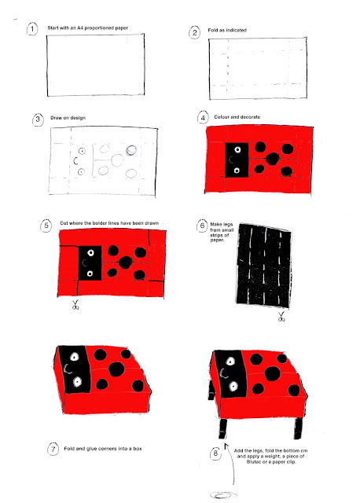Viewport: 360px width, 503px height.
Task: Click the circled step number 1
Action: (x=32, y=29)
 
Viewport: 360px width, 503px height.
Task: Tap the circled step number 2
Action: (x=194, y=33)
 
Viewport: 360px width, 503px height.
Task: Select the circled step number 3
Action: (x=38, y=119)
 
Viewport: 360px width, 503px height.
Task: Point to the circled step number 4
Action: (x=203, y=118)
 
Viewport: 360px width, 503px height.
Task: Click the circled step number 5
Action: (x=46, y=226)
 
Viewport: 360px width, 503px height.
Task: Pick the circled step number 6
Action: (x=202, y=226)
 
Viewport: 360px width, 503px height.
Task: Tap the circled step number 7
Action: (x=53, y=449)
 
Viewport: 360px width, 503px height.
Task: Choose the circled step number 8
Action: (x=215, y=453)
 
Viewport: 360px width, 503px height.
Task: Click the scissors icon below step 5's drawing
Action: (x=75, y=305)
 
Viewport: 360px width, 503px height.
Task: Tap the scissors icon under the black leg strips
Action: (x=281, y=317)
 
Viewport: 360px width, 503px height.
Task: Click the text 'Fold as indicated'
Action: (x=227, y=30)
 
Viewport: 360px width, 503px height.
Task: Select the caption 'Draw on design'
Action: (x=68, y=118)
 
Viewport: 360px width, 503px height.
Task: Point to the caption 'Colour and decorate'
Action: (x=237, y=117)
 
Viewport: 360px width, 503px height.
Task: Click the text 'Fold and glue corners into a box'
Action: (x=103, y=449)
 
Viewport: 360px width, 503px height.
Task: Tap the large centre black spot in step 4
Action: (x=273, y=159)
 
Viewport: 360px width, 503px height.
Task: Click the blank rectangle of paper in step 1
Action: (x=96, y=64)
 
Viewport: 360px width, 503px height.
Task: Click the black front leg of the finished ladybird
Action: (x=223, y=428)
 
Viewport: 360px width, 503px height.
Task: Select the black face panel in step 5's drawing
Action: (x=90, y=263)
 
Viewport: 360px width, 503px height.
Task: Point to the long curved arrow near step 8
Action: (x=230, y=464)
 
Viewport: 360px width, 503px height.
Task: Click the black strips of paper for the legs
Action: (x=264, y=266)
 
